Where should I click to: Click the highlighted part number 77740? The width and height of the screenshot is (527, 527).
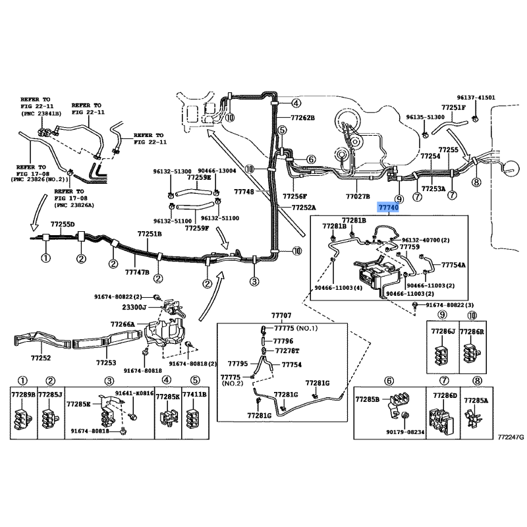[x=388, y=207]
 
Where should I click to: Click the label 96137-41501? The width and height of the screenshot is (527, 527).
[x=477, y=97]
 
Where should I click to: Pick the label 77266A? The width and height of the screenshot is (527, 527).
[x=123, y=324]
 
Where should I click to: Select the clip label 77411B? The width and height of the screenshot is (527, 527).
[x=194, y=395]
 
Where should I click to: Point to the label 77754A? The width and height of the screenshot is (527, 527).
[x=453, y=264]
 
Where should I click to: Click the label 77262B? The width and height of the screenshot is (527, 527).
[x=304, y=118]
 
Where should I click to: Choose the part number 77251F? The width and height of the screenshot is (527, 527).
[x=453, y=107]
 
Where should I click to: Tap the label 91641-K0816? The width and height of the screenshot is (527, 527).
[x=134, y=393]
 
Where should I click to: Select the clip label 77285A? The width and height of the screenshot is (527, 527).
[x=476, y=399]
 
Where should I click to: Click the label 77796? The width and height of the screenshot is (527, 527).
[x=283, y=341]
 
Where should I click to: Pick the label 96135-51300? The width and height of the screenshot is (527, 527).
[x=423, y=117]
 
